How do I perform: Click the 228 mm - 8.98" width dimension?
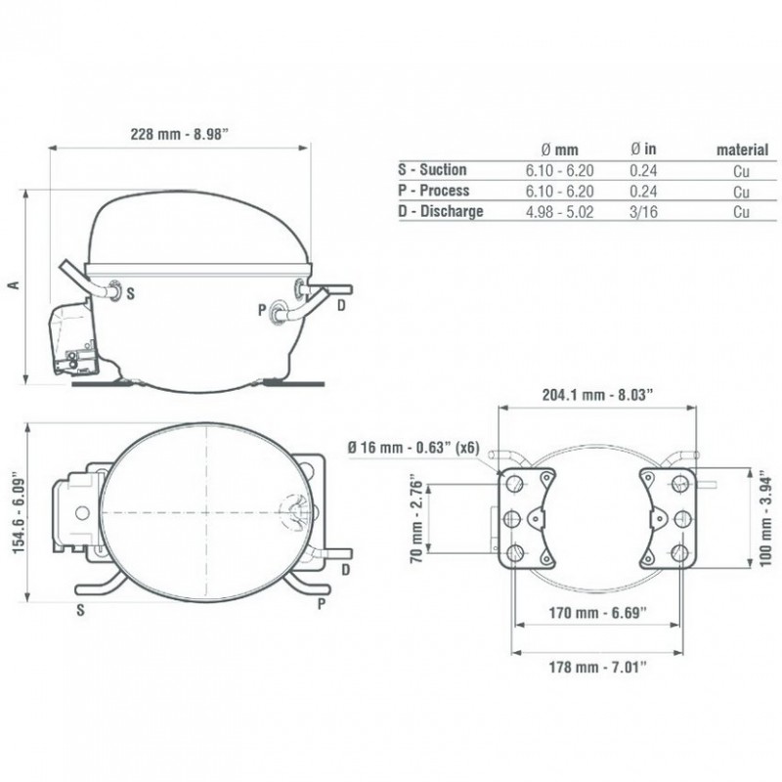179,134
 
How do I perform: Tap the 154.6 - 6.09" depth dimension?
19,512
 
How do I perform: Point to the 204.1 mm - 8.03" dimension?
597,395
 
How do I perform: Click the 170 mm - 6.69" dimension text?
597,613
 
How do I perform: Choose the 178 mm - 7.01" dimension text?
597,667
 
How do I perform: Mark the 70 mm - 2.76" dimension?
416,522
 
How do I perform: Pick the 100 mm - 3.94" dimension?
765,522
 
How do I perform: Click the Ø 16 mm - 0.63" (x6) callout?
413,448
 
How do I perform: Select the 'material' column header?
742,150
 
